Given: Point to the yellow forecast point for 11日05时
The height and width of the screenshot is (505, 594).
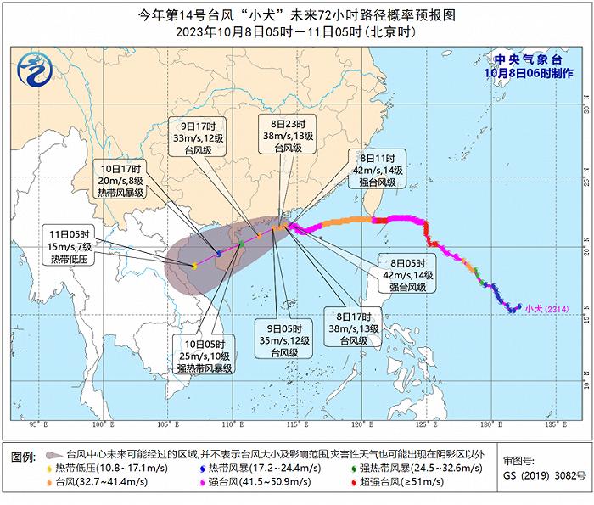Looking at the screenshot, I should click(x=194, y=266).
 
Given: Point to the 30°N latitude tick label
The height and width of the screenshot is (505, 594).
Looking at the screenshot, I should click(x=585, y=109).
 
